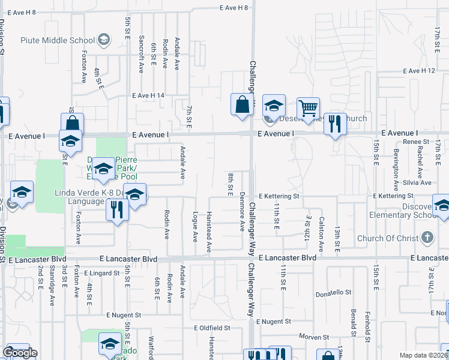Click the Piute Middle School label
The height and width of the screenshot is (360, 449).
[x=58, y=40]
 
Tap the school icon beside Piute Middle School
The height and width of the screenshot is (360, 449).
[x=104, y=40]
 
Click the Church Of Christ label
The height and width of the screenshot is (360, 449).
[x=388, y=238]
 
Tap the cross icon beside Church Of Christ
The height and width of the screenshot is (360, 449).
[x=427, y=238]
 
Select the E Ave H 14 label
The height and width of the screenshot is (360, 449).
[x=148, y=95]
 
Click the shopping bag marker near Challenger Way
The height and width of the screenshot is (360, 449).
[x=241, y=104]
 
